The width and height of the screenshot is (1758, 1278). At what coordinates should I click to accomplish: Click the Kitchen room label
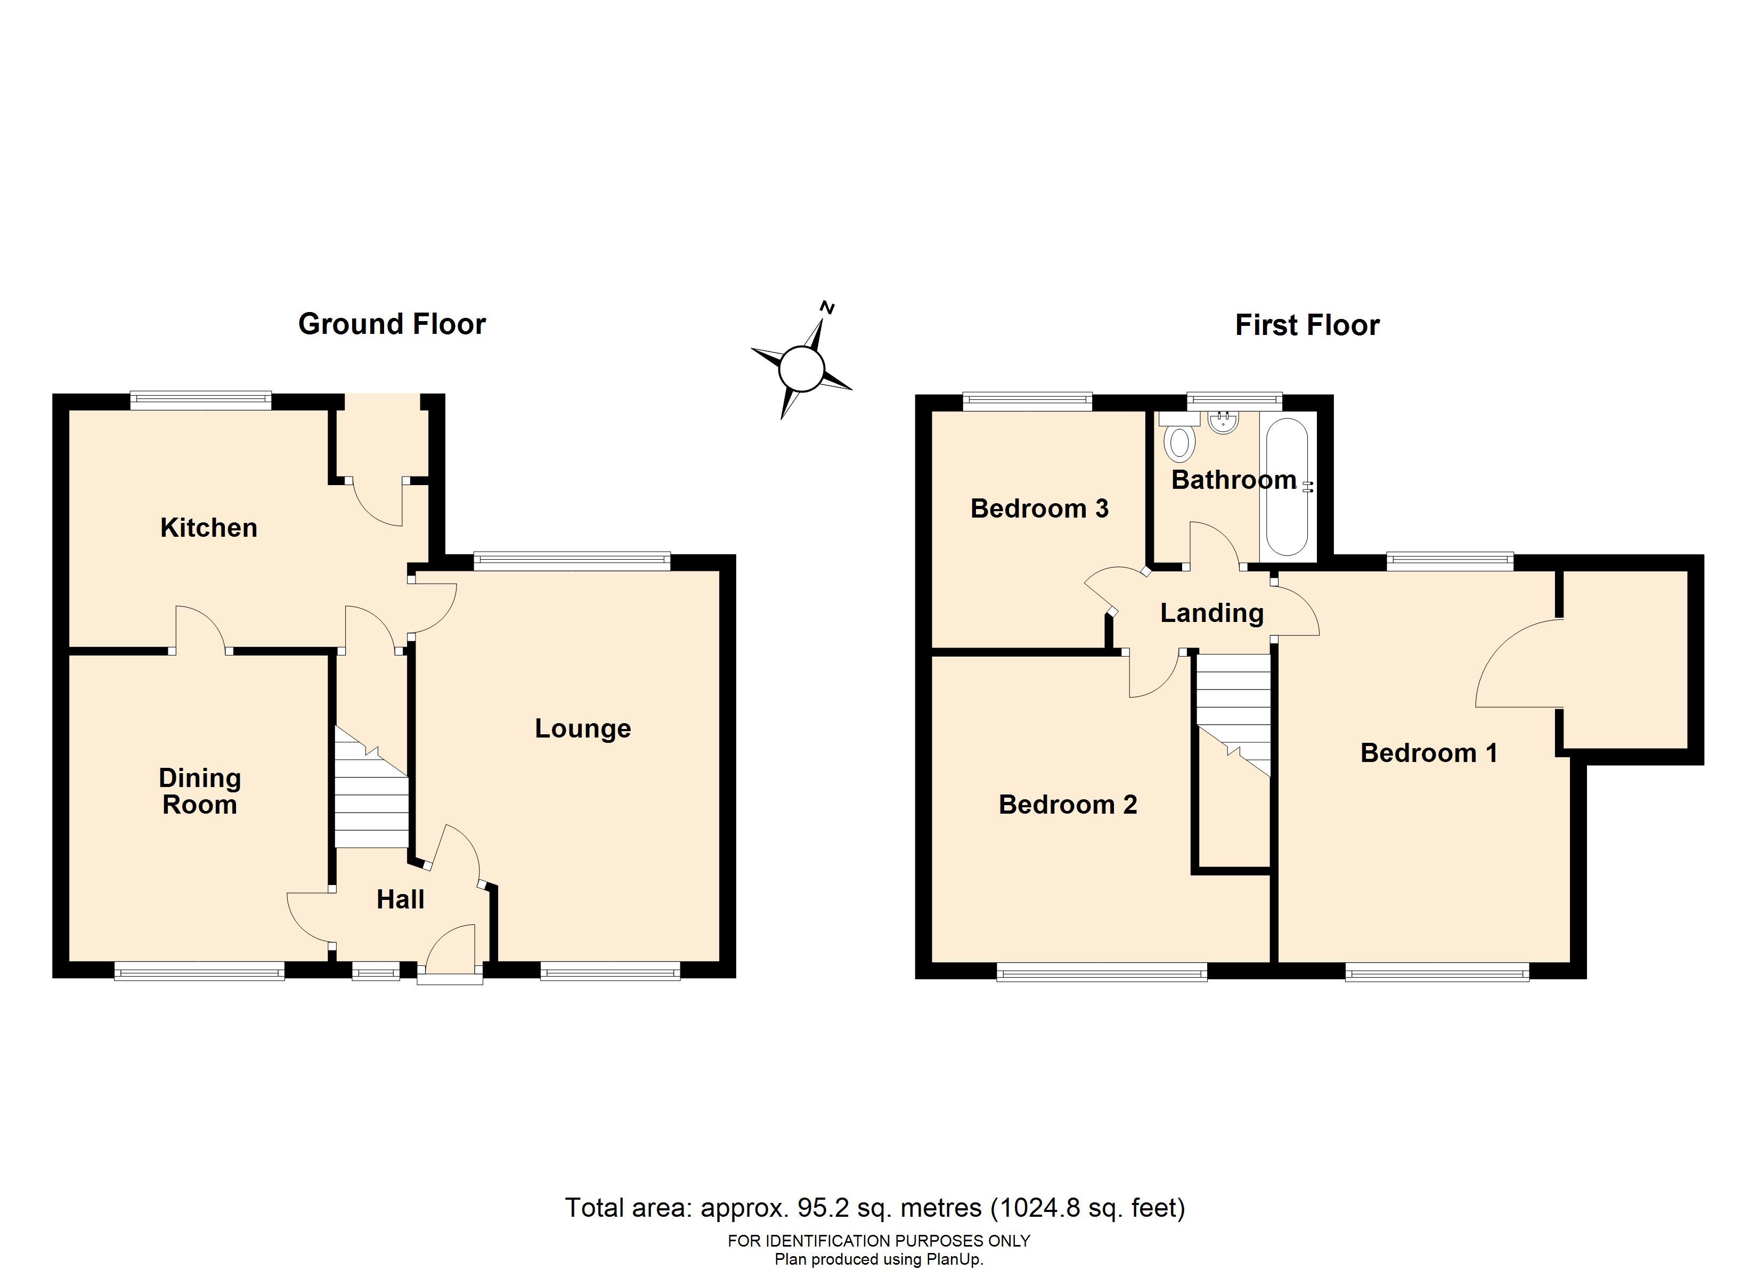pyautogui.click(x=208, y=528)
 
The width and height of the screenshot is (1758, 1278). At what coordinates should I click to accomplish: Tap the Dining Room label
pyautogui.click(x=200, y=791)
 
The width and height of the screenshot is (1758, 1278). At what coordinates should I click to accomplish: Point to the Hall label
pyautogui.click(x=401, y=899)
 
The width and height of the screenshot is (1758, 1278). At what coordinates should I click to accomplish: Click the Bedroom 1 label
pyautogui.click(x=1429, y=752)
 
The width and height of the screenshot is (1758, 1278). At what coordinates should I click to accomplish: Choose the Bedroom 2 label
pyautogui.click(x=1068, y=805)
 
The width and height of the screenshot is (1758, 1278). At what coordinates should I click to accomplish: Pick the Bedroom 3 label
pyautogui.click(x=1039, y=509)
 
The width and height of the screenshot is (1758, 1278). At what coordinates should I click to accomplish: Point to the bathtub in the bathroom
pyautogui.click(x=1288, y=487)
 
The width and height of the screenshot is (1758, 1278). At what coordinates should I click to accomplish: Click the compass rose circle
pyautogui.click(x=801, y=368)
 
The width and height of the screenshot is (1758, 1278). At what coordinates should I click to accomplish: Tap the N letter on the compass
pyautogui.click(x=828, y=308)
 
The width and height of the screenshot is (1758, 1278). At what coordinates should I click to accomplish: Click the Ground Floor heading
pyautogui.click(x=392, y=324)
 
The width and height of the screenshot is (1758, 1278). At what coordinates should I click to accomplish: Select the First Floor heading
pyautogui.click(x=1307, y=325)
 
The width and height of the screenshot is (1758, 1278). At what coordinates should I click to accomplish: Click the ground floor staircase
pyautogui.click(x=372, y=787)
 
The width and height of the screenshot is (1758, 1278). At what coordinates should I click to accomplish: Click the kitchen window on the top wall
pyautogui.click(x=201, y=402)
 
